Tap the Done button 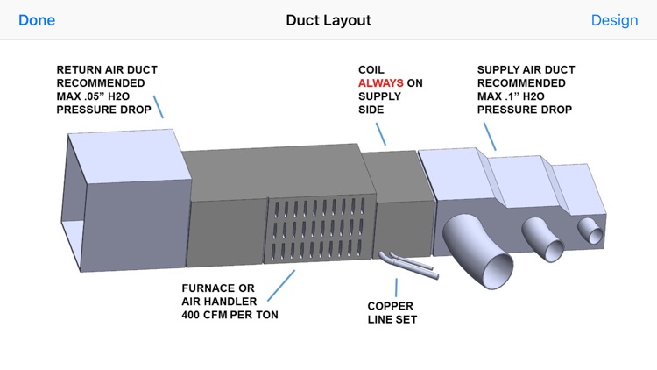pos(36,20)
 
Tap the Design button pos(614,20)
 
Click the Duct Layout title pos(328,20)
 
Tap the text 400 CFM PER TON pos(230,314)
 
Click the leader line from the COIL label pos(378,132)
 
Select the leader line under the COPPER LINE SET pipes pos(397,288)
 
